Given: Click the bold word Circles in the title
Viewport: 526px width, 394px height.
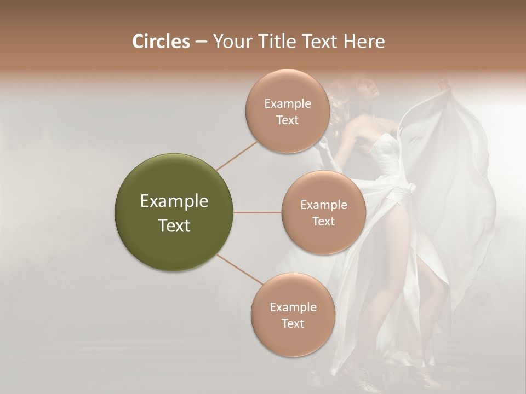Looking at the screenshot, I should tap(161, 42).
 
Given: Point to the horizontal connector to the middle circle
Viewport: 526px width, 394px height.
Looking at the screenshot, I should tap(257, 212).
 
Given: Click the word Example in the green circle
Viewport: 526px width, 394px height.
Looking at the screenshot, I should tap(174, 201).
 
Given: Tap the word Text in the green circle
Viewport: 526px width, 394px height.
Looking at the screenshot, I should tap(174, 225).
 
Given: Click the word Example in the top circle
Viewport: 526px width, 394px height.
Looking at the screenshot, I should tap(288, 104).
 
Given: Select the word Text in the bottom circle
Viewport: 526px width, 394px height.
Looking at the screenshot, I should tap(293, 323).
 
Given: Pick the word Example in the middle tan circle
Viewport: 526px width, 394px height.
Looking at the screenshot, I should tap(324, 205).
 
